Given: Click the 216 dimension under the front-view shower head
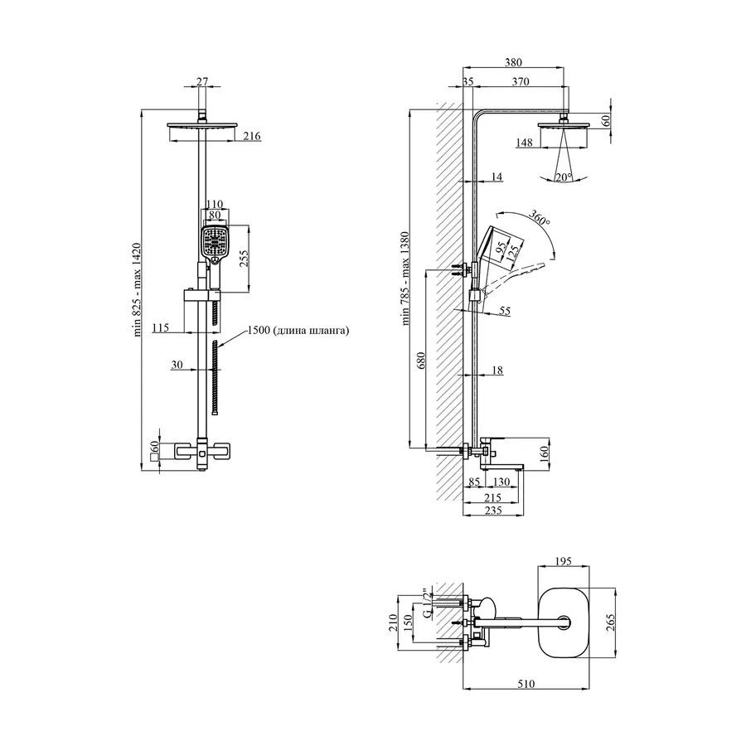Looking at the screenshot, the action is (252, 136).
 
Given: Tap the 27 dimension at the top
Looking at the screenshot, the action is (202, 81).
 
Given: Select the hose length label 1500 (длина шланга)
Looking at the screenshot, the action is (298, 330).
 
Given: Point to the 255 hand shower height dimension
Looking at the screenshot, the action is (244, 258).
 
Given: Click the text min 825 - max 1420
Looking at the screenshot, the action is (138, 290).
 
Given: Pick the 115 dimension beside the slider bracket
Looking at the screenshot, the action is (160, 327).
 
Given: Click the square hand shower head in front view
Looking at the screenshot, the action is (215, 241).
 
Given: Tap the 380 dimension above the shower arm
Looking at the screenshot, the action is (513, 62).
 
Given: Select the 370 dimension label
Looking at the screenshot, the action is (521, 82).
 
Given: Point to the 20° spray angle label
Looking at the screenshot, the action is (564, 177).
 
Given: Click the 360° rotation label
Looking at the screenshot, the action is (539, 217).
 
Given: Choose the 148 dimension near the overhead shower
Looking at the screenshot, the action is (524, 143).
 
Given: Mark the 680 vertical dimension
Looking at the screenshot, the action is (421, 361).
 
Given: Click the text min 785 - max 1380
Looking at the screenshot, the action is (405, 279).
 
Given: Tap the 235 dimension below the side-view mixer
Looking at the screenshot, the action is (493, 511).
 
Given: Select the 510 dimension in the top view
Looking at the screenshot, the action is (526, 684).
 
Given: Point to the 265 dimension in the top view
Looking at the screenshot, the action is (611, 622).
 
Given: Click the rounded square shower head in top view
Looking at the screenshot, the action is (564, 622).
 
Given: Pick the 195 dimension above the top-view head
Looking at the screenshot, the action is (563, 561).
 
